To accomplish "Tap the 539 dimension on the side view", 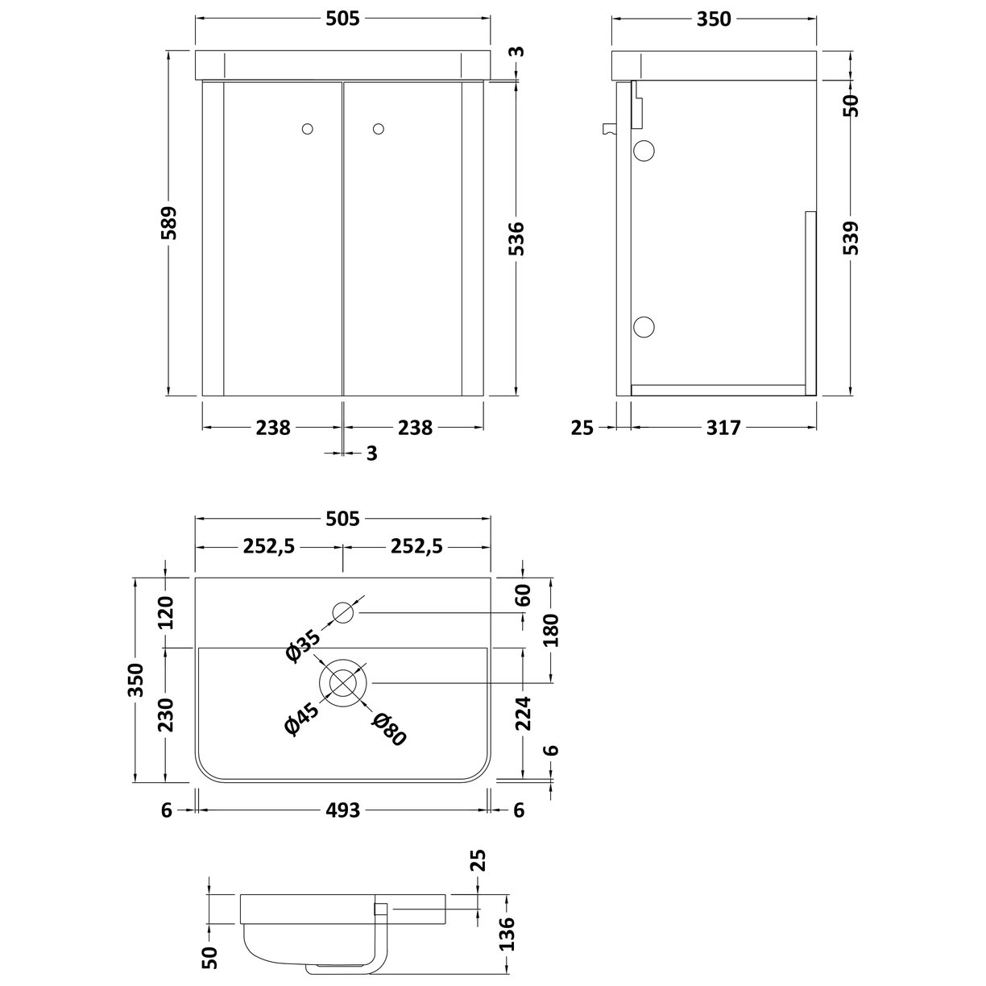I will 852,238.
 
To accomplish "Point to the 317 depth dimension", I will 723,428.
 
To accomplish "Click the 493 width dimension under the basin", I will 343,810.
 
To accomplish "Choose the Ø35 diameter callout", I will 303,646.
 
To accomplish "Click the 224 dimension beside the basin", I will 523,713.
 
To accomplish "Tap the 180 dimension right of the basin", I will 551,632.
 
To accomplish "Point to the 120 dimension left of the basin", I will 165,614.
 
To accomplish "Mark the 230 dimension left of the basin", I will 165,715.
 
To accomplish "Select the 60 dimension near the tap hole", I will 523,596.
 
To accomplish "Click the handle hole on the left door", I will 307,128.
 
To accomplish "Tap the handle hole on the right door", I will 379,128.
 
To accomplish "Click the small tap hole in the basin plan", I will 343,614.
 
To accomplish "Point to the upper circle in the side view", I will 644,150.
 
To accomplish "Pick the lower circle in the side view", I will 644,326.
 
